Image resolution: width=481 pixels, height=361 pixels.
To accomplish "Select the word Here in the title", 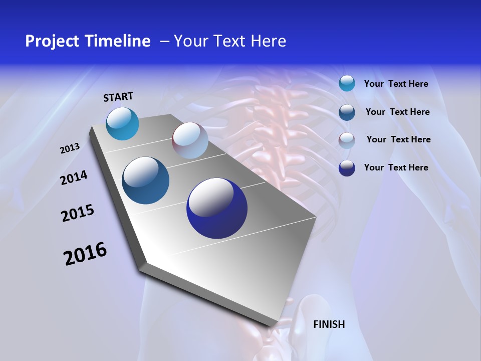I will (x=269, y=41).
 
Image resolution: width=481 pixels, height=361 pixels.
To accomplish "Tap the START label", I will (x=118, y=97).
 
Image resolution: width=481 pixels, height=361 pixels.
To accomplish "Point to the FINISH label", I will (x=329, y=324).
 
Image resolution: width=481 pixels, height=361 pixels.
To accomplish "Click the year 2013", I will (x=70, y=148).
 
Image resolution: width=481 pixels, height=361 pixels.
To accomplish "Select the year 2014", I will (x=74, y=178).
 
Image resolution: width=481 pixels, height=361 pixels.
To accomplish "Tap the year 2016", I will (x=85, y=254).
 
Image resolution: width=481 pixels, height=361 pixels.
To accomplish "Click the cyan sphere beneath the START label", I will (x=122, y=124).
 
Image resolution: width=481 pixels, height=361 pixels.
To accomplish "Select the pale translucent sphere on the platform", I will (x=190, y=140).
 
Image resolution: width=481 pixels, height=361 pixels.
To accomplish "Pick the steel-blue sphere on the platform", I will (x=146, y=180).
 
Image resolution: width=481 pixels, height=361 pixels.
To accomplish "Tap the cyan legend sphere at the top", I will (x=347, y=83).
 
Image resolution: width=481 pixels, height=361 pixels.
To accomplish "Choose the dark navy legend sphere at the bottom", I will (x=347, y=167).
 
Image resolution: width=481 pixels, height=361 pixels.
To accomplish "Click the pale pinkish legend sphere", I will (x=347, y=140).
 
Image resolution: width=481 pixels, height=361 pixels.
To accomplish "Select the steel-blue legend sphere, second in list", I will (x=347, y=112).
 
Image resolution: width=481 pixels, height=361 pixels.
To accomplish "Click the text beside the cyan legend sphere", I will (x=396, y=84).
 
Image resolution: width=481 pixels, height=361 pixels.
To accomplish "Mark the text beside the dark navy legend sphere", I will (x=396, y=167).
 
